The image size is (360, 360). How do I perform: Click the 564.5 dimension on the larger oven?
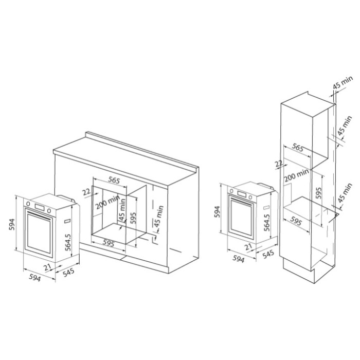point(68,242)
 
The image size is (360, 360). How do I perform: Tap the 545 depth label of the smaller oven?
point(268,254)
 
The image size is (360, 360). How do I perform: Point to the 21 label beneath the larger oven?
point(47,267)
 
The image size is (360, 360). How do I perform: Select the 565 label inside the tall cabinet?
point(298,148)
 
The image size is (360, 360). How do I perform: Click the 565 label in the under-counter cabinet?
point(114,180)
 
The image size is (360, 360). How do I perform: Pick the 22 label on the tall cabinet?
point(279,164)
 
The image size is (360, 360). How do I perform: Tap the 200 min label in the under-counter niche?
point(107,203)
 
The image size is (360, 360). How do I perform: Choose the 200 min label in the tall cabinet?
point(296,175)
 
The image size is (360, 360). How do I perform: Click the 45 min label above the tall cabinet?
point(343,82)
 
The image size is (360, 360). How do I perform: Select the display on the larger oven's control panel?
point(40,207)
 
